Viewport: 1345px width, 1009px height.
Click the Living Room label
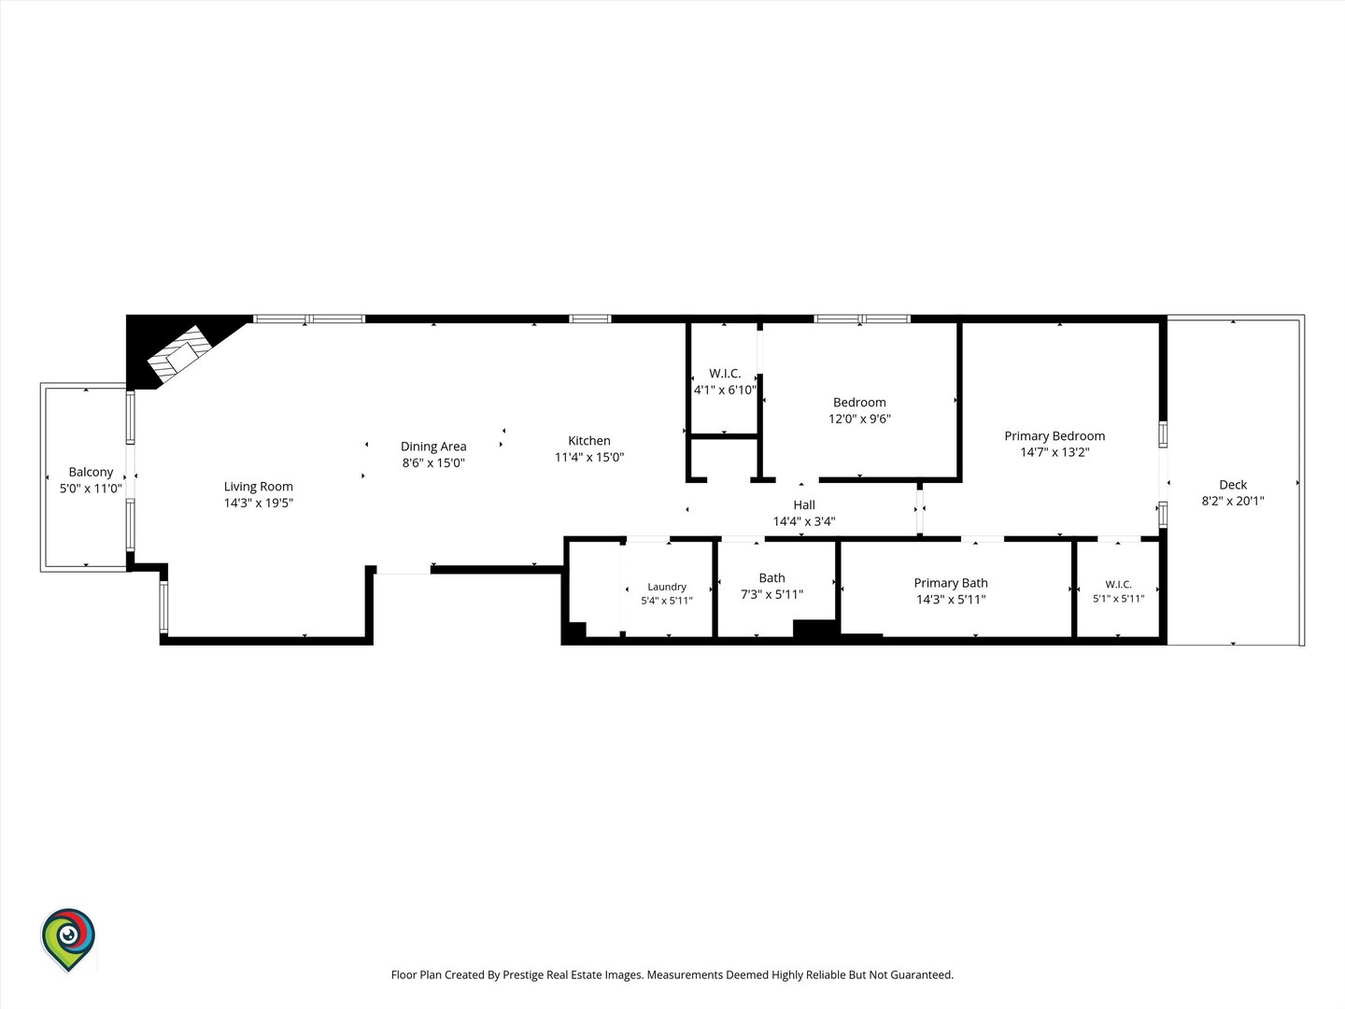258,487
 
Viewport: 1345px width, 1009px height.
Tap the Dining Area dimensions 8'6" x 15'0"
433,462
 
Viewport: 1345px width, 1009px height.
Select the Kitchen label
588,440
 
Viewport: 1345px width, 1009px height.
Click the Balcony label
91,472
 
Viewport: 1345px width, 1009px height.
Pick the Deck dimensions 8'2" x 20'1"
1233,501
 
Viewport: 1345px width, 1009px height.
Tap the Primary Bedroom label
1054,436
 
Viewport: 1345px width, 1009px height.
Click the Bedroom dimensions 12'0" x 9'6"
859,419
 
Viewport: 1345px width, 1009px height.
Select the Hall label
804,504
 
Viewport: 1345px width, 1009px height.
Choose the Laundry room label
667,587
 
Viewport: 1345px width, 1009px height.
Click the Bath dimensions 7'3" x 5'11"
772,594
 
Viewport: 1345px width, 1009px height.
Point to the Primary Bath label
951,583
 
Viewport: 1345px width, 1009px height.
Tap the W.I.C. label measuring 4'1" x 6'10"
725,373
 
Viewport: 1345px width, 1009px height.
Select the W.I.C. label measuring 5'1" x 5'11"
1118,585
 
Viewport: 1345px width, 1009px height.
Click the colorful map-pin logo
68,939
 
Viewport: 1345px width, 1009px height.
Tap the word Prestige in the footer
522,974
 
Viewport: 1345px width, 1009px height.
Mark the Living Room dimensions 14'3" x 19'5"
258,503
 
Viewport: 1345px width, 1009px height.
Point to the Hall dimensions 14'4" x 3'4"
804,521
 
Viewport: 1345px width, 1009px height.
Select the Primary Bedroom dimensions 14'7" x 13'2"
1055,452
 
